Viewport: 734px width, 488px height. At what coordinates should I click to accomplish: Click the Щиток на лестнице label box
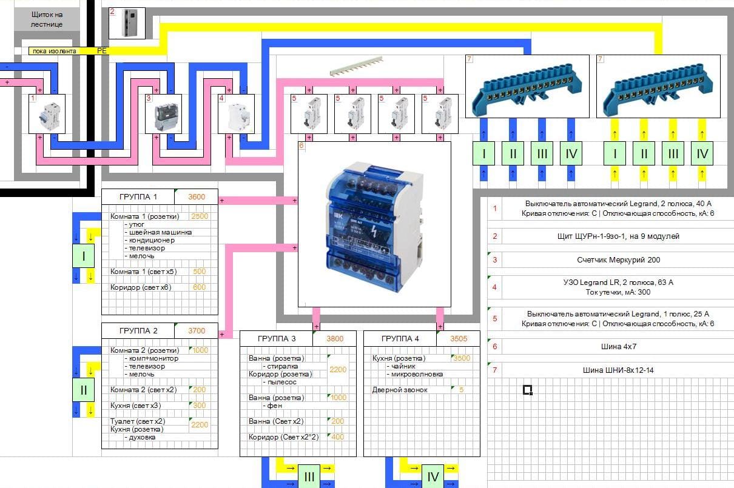tap(47, 19)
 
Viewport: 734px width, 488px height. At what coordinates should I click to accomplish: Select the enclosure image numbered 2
tap(127, 23)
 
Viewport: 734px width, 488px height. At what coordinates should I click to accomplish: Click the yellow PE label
tap(101, 52)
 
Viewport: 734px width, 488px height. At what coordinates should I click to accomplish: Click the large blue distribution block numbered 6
tap(374, 224)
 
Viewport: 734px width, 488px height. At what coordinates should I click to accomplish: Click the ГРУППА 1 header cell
tap(138, 196)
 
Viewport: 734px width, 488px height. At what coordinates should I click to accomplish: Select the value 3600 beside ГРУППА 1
tap(197, 196)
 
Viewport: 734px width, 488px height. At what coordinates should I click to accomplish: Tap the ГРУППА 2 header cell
tap(138, 331)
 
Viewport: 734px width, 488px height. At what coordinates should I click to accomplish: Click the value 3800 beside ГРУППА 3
tap(335, 338)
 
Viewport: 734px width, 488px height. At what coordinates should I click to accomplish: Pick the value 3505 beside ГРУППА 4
tap(459, 338)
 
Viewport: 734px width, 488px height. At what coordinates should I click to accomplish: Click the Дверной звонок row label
tap(400, 390)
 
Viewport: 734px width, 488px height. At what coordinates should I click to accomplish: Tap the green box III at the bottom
tap(309, 477)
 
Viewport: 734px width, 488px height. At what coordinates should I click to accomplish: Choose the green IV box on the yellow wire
tap(702, 154)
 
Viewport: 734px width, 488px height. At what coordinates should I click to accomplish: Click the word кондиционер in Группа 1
tap(151, 240)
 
